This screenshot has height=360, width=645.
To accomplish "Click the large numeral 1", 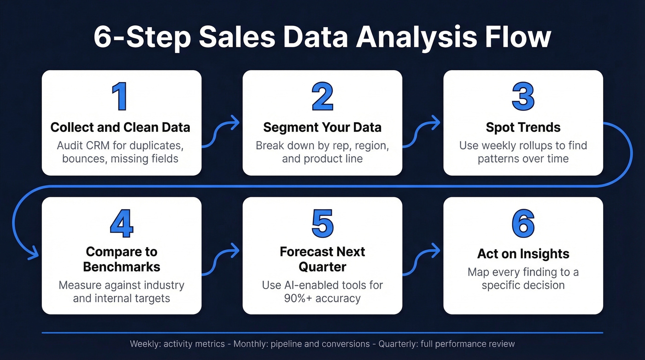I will [121, 97].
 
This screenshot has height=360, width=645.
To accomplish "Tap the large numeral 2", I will [322, 97].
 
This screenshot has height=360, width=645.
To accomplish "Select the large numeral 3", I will [523, 97].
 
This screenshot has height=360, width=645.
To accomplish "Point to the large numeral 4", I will [122, 224].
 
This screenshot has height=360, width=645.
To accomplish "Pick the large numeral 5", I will [322, 224].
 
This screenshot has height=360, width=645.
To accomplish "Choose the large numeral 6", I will [523, 224].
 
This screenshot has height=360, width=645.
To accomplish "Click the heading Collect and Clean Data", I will [120, 127].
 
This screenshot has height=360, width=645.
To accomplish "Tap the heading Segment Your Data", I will [322, 127].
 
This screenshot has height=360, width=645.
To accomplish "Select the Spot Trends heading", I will [523, 127].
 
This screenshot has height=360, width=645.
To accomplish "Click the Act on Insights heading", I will [523, 254].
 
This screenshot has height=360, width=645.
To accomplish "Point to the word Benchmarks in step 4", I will [122, 266].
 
